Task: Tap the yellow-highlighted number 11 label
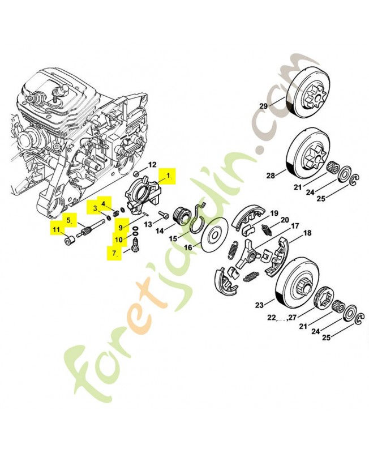point(57,229)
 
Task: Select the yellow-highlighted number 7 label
point(114,253)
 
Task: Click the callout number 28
point(271,176)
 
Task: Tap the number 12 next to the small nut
point(152,165)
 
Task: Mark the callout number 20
point(285,220)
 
